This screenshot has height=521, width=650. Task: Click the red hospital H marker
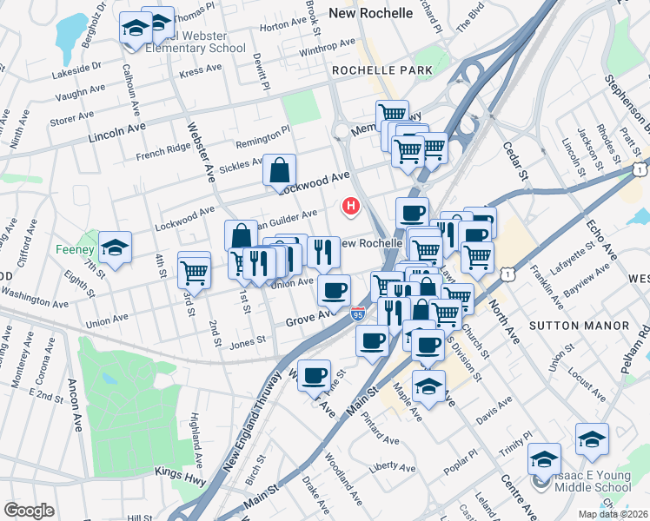(x=351, y=207)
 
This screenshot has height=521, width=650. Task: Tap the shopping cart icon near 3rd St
(x=195, y=271)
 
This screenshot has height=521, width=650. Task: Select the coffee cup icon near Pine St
(x=314, y=376)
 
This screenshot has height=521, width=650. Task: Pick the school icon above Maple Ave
(x=428, y=387)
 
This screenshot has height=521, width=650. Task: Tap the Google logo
(x=29, y=511)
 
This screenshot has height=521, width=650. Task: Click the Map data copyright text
(x=612, y=514)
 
